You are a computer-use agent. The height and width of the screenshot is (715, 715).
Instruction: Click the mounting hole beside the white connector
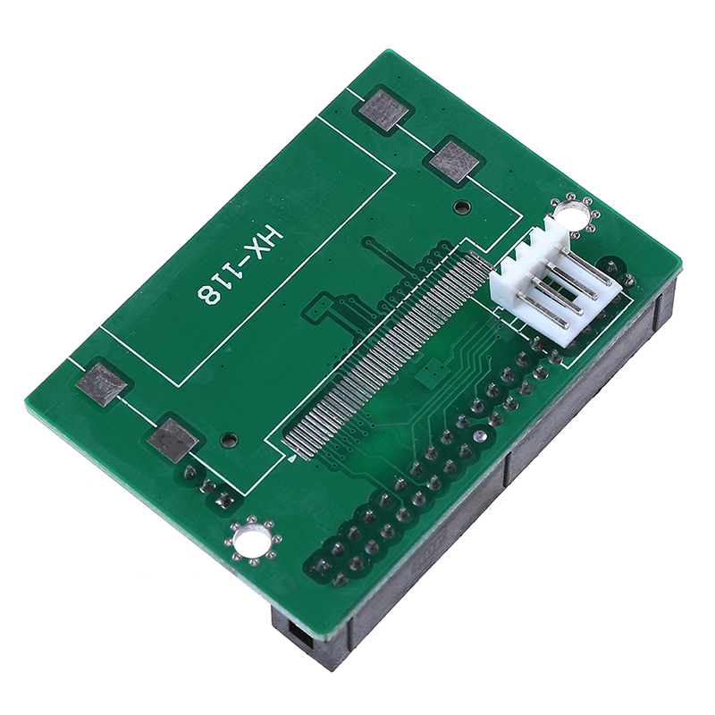click(x=570, y=213)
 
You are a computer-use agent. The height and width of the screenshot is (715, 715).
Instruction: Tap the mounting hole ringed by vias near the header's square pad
click(x=250, y=541)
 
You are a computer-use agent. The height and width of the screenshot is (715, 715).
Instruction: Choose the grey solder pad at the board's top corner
click(x=385, y=109)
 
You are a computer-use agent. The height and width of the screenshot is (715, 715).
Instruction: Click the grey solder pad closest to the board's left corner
click(x=101, y=384)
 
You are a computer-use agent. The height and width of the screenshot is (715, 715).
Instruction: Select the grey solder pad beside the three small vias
click(x=172, y=440)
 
